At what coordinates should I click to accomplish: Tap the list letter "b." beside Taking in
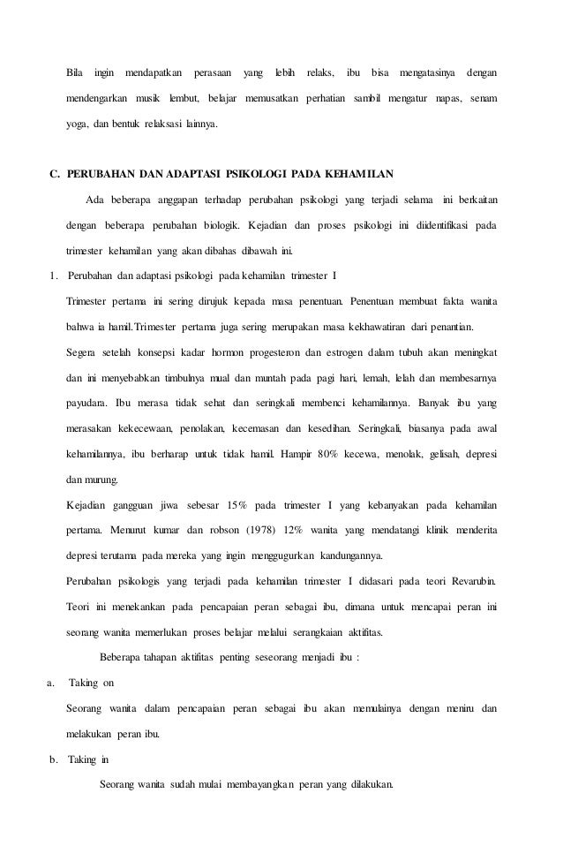[x=54, y=757]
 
